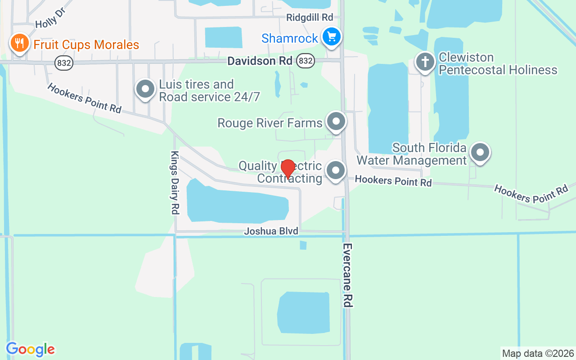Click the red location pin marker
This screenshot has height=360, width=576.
coord(288,169)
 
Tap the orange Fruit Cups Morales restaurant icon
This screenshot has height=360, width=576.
coord(19,44)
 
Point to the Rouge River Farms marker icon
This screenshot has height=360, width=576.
coord(336,121)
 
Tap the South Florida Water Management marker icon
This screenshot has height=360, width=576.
coord(480,153)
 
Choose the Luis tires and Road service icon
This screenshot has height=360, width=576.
coord(145,90)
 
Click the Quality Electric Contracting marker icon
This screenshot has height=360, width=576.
coord(335,171)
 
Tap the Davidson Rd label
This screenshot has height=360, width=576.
coord(260,61)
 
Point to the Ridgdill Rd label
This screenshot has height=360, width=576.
coord(310,17)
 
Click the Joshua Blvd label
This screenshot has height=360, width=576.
coord(271,231)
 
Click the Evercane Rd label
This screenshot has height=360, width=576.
coord(347,275)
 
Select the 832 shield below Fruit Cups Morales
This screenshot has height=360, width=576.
coord(64,63)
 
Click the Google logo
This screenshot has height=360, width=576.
coord(31,349)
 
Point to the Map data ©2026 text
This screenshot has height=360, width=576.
coord(538,354)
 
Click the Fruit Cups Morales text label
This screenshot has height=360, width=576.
coord(86,45)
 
